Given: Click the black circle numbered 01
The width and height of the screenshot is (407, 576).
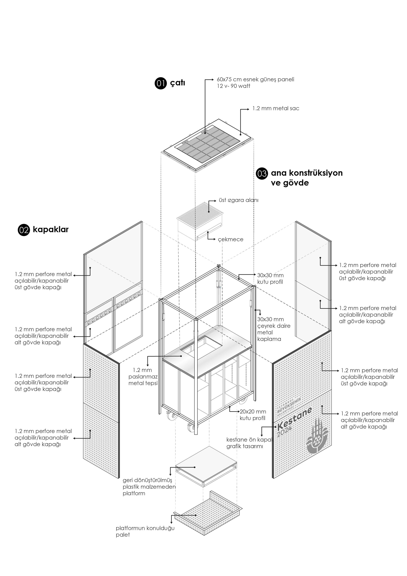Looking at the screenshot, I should [161, 83].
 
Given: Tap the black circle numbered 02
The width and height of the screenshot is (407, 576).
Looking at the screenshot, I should [24, 230].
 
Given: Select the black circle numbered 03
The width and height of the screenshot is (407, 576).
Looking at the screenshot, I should [262, 174].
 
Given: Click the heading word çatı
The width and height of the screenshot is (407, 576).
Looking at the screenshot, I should [177, 83].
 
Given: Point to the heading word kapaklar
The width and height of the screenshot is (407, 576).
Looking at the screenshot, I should [51, 229].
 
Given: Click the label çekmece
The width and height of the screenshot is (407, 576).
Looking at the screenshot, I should [230, 240].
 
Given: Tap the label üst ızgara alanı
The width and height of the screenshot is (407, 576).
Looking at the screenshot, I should [239, 200].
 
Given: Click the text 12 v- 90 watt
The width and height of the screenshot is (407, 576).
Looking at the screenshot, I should [233, 86].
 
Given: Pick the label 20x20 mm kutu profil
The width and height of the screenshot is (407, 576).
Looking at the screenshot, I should [253, 415].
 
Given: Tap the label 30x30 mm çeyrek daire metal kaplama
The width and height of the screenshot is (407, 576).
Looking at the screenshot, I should [274, 329].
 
